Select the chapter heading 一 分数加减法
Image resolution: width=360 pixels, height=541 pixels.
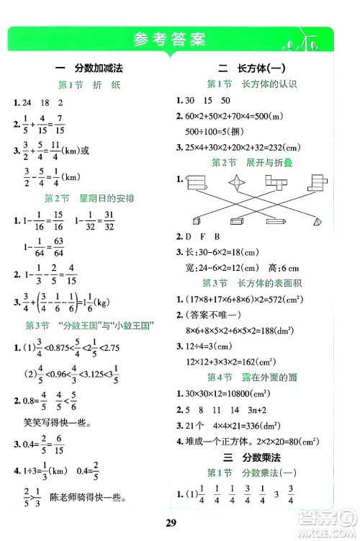90,67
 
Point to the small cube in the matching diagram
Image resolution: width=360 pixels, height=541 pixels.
198,221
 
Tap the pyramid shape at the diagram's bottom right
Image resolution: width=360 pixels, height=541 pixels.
319,221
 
